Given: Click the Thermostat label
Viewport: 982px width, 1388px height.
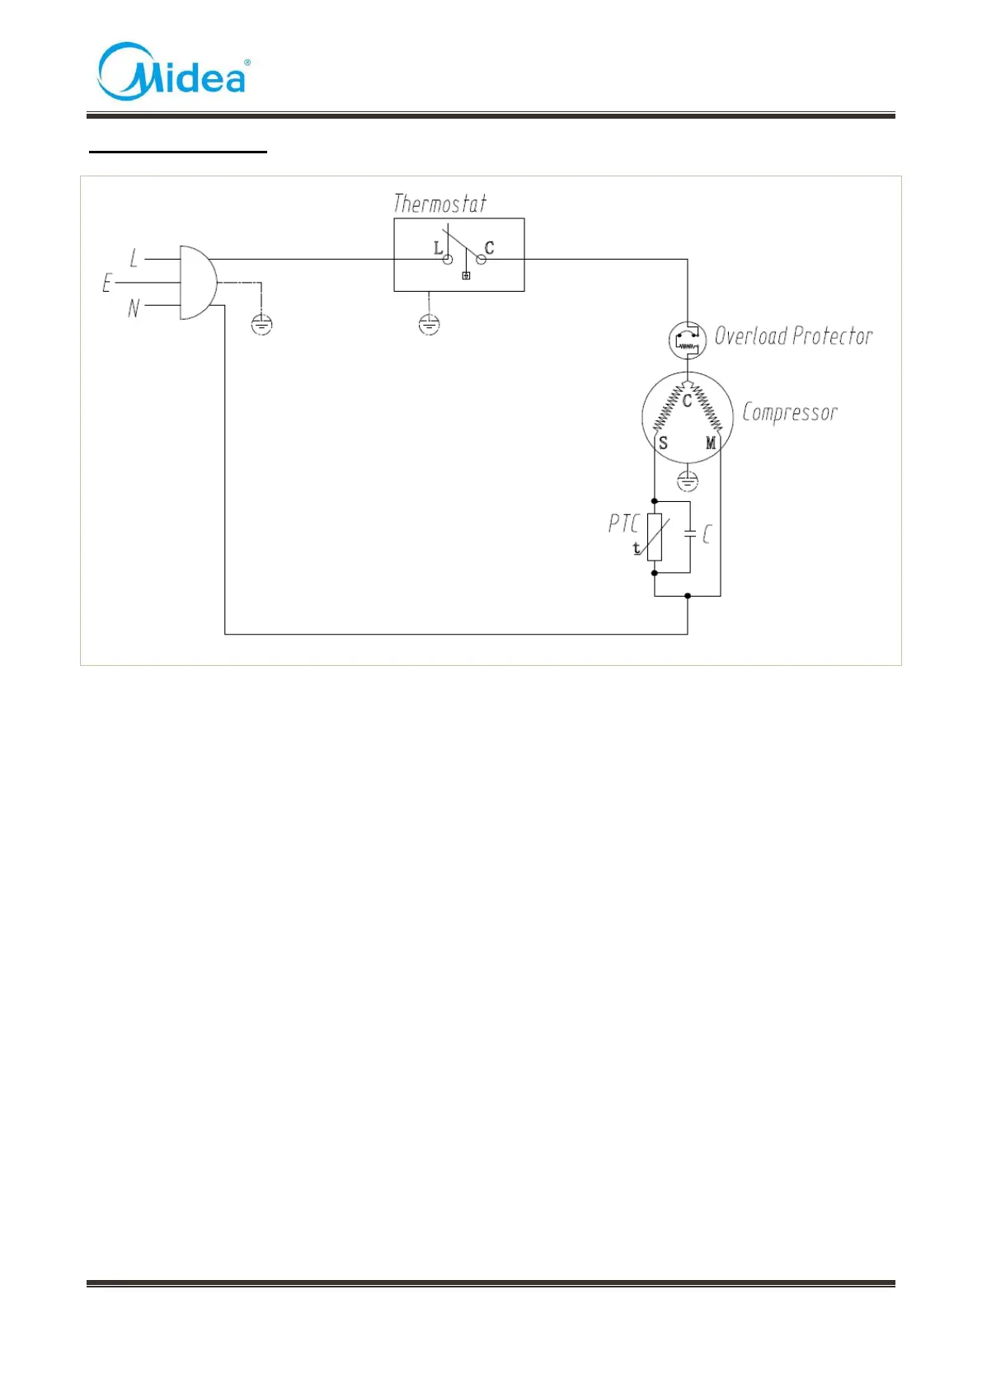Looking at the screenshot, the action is coord(439,204).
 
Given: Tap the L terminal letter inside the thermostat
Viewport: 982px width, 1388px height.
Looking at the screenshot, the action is coord(438,247).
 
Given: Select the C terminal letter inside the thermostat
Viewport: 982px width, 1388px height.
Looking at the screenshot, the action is coord(489,247).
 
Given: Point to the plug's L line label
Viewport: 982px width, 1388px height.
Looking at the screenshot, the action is coord(134,258).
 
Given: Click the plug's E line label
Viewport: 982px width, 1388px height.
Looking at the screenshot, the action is coord(106,284).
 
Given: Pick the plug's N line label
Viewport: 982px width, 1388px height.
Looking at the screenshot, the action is coord(134,309).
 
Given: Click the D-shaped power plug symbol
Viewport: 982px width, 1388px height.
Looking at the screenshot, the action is coord(197,282).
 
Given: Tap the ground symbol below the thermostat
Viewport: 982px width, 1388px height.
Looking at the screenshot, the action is coord(429,325).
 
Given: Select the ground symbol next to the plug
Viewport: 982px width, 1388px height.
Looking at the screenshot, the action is coord(261,325).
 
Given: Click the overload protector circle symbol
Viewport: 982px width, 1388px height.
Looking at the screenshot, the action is coord(687,340).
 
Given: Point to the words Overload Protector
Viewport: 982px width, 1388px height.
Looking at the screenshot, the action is coord(793,336).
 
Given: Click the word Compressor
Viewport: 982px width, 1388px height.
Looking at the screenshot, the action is coord(790,412).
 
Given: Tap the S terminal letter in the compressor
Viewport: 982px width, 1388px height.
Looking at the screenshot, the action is coord(663,443).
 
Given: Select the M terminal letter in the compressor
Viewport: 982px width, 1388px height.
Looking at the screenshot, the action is coord(711,443).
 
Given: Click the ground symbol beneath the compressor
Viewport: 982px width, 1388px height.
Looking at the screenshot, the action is coord(687,481).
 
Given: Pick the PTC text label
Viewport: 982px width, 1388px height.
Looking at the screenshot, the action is coord(623,523).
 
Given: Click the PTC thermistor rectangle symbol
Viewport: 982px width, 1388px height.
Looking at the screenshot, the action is coord(655,537).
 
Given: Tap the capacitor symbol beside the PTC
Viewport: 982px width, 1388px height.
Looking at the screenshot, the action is coord(690,535).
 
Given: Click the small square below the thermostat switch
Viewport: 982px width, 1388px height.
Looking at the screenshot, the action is coord(466,275).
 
